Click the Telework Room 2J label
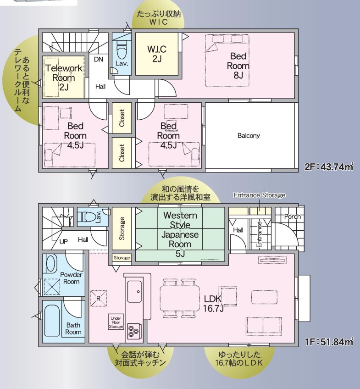point(64,77)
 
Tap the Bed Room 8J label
point(238,66)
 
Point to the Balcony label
point(249,136)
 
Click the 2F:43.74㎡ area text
point(328,167)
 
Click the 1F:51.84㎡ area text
point(329,341)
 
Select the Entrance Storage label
point(259,195)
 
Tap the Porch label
point(292,217)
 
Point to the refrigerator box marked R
point(98,297)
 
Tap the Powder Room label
point(71,278)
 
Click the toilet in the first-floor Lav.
point(89,216)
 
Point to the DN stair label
point(99,59)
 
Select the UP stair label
point(64,240)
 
